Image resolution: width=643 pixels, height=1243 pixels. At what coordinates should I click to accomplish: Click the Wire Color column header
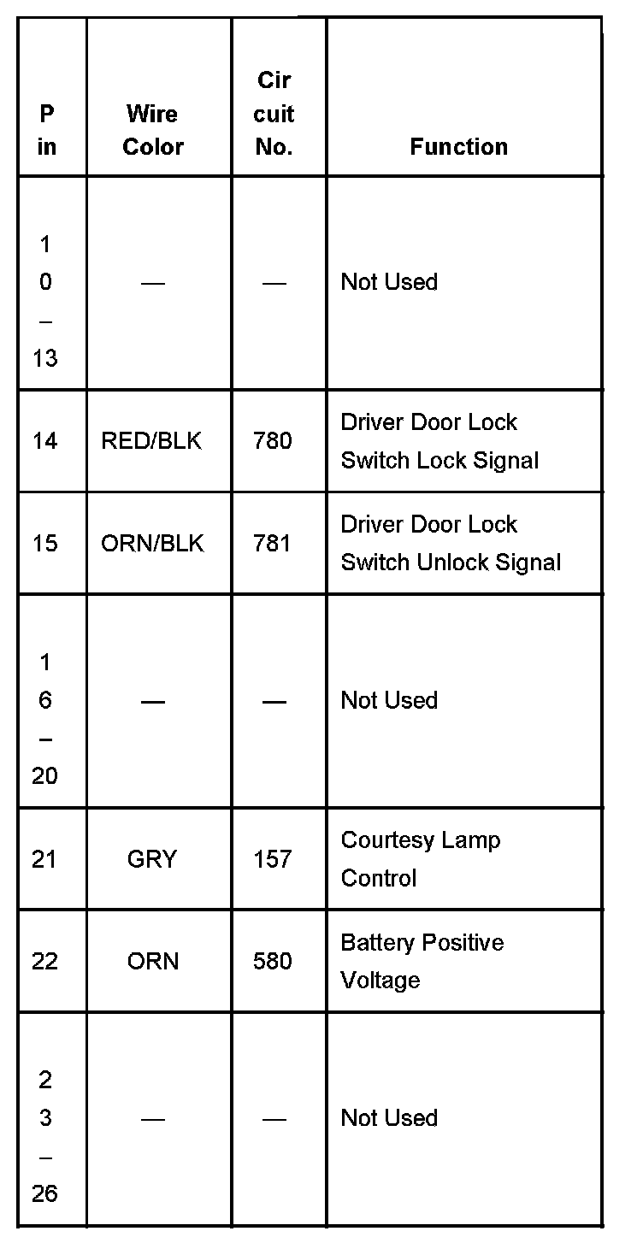153,130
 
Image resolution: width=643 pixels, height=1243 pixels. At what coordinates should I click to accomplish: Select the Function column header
458,147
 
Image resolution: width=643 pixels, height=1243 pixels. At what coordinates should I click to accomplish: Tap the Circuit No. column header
274,114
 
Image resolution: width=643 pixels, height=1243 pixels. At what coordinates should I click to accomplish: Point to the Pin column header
46,130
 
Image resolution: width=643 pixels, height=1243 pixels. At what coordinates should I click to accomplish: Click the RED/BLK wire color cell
151,441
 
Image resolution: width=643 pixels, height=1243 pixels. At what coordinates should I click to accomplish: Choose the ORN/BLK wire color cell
152,544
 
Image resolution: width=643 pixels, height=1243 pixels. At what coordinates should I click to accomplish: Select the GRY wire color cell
152,859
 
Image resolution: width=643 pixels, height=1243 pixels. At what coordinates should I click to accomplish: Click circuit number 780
273,441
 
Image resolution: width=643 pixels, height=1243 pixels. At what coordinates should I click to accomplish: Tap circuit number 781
273,544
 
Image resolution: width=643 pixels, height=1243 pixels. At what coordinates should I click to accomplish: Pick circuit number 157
273,859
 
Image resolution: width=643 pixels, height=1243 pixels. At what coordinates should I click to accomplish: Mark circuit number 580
273,962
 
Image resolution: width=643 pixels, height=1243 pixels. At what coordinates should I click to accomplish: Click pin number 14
44,441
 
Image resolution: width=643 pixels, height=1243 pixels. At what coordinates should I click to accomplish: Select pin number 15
44,544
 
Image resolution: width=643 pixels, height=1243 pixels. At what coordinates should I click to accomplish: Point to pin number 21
44,859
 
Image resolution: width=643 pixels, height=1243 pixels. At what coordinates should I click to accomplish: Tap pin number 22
44,962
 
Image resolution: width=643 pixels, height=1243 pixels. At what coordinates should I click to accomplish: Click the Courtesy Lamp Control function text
420,859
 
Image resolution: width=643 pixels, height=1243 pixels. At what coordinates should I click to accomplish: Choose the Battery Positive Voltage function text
422,961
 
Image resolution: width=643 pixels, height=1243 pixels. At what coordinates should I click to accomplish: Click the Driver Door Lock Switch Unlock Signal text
451,544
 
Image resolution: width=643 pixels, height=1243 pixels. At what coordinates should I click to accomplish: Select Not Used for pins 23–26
389,1118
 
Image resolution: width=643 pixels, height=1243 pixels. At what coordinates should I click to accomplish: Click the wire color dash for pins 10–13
153,283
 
